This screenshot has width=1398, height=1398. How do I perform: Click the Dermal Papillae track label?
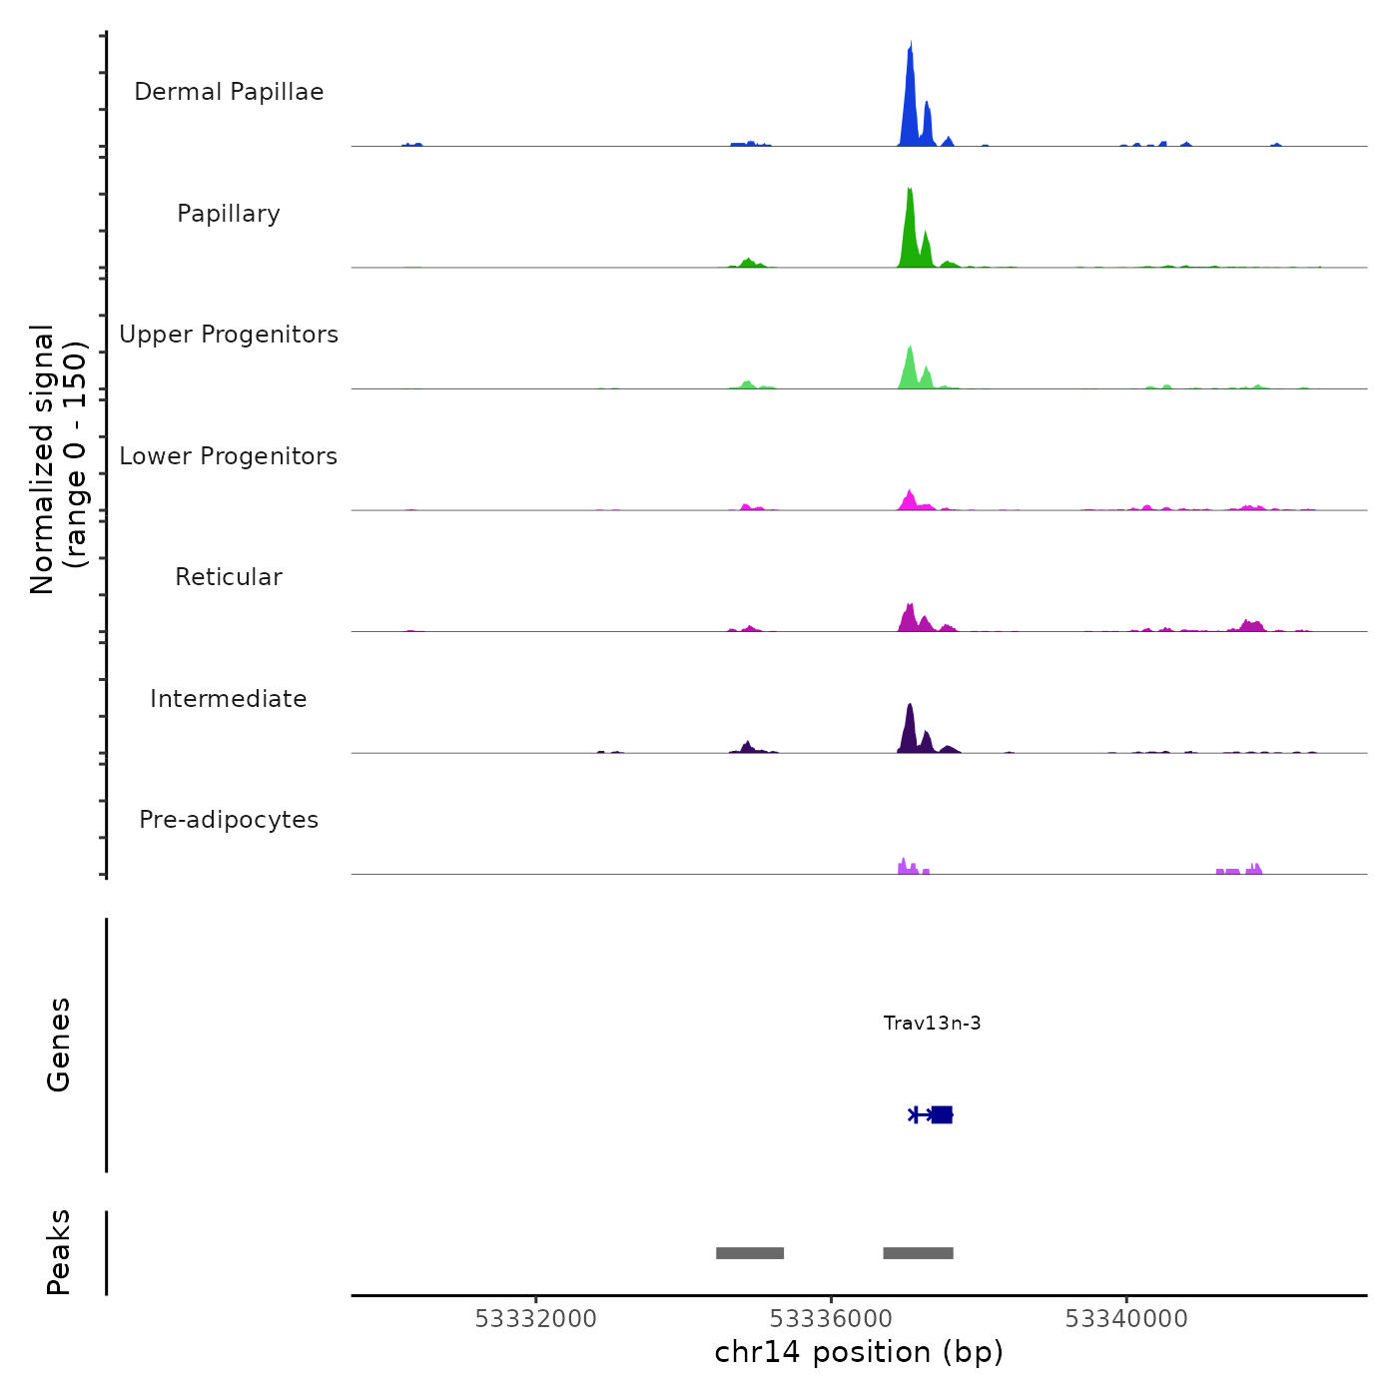229,92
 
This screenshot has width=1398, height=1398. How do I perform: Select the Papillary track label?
229,214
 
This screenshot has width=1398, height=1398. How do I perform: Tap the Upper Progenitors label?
229,335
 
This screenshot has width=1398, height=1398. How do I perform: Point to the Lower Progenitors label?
229,456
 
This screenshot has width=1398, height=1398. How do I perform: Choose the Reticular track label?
229,577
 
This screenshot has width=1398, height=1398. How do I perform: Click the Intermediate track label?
229,699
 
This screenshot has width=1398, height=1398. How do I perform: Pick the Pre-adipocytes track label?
229,820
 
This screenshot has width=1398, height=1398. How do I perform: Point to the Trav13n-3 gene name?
932,1023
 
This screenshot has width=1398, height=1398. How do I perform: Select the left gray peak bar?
750,1253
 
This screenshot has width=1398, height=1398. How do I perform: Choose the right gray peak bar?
918,1253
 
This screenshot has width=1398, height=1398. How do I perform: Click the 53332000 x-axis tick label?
535,1319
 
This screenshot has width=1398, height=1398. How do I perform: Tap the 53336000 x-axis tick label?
832,1319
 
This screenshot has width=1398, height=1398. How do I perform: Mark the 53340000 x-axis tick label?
1126,1319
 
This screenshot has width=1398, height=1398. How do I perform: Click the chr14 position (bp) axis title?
859,1352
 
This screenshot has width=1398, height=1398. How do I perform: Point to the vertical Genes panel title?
59,1045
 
